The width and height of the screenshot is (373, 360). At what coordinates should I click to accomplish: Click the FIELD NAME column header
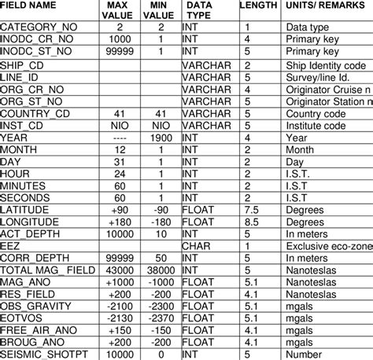[x=30, y=6]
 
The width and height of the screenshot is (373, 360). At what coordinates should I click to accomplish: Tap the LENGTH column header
[x=257, y=6]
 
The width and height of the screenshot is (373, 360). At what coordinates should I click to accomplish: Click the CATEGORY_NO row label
[x=39, y=26]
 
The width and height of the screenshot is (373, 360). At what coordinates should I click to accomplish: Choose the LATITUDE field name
[x=28, y=211]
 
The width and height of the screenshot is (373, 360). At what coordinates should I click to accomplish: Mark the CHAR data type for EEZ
[x=197, y=246]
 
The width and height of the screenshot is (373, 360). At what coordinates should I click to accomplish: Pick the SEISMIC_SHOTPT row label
[x=45, y=354]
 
